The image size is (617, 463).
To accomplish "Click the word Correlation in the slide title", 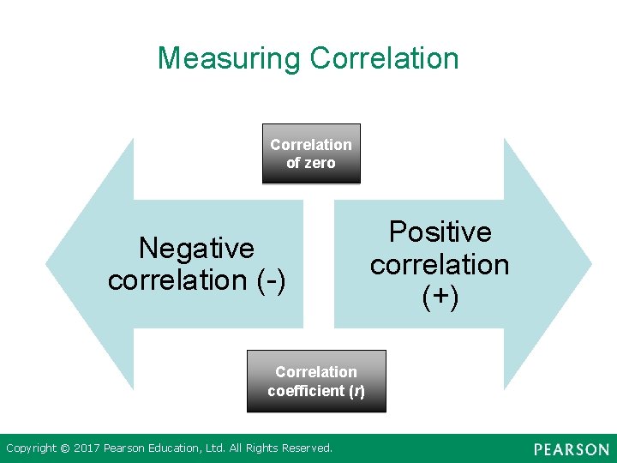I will pos(385,58).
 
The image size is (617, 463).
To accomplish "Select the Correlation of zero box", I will pos(311,154).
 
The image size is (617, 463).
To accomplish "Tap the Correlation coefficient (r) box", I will pos(316,382).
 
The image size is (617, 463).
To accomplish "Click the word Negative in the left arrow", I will pos(197,249).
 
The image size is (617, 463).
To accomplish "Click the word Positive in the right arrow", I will pos(440,232).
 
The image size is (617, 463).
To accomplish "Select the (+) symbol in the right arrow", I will pos(440,296).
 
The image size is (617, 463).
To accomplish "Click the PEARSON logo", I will pos(571,449).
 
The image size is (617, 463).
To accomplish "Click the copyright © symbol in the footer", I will pos(64,448).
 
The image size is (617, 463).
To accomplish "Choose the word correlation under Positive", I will pos(440,264).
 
